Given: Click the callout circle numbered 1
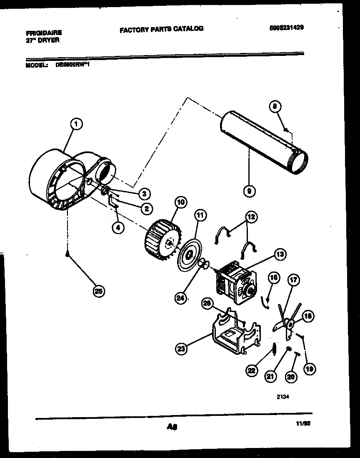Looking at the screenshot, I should (76, 123).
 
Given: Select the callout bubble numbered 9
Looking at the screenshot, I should (249, 191).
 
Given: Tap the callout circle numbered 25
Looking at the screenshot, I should (99, 292).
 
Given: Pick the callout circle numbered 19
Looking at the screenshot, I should (310, 368).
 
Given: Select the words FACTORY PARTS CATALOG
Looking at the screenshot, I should (162, 29).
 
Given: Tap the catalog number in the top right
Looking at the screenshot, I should (286, 28).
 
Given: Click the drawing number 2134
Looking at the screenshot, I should (282, 398).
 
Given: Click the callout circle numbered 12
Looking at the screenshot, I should (251, 216).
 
